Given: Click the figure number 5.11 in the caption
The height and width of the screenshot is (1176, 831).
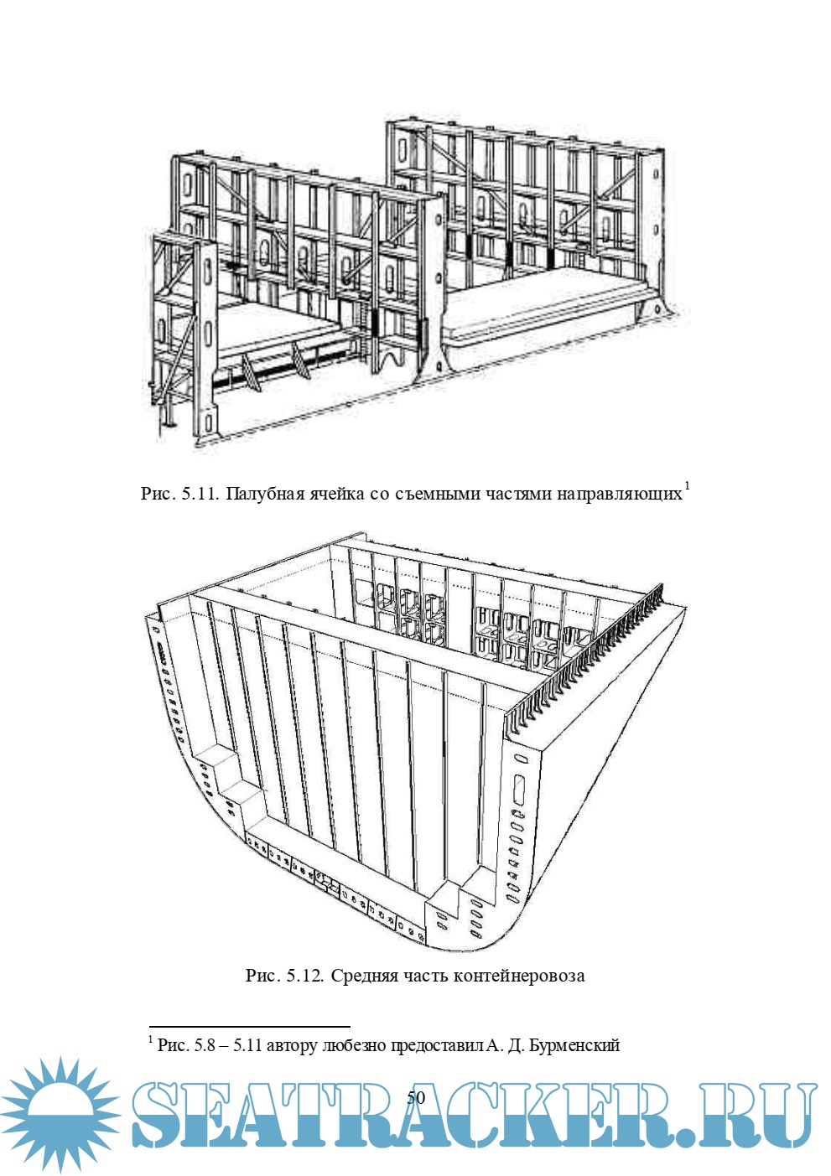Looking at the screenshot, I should (x=200, y=494).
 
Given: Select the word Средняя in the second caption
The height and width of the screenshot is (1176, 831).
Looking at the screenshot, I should (x=364, y=976).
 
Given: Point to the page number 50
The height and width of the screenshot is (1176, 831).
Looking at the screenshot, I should (x=416, y=1098).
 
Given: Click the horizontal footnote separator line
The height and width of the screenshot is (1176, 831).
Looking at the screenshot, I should (x=249, y=1026).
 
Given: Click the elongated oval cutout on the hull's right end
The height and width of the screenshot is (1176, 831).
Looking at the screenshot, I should (x=517, y=793).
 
